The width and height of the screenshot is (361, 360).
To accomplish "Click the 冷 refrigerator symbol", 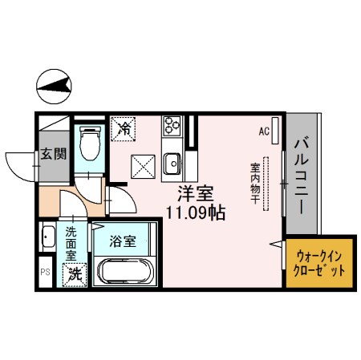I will tap(124, 127).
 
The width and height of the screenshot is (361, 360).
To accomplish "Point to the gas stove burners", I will tap(172, 124).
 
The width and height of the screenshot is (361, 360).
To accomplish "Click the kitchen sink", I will tap(172, 165).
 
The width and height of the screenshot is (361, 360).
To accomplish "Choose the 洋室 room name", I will tap(195, 193).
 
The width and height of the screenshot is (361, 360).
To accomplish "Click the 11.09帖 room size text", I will tap(195, 213).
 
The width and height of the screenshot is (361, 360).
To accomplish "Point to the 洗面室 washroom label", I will tap(71, 241).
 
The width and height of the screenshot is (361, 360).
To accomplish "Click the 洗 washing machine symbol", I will tap(74, 273).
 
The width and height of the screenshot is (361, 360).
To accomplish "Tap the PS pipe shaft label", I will tap(44, 272).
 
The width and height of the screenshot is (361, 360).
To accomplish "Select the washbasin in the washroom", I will tap(47, 238).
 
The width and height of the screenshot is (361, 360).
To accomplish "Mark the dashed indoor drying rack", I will tap(269, 184).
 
